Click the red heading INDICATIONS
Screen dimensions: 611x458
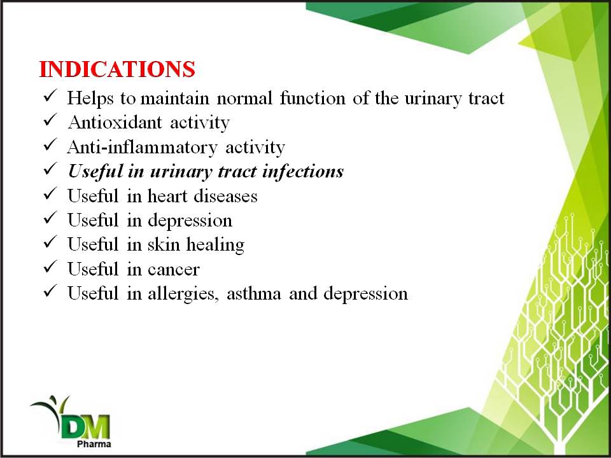[x=117, y=69]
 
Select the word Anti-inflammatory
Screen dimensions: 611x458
[x=142, y=148]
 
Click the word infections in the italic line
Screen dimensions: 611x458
[x=303, y=171]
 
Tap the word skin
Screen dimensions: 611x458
[x=164, y=244]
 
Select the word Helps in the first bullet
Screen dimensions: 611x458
[x=90, y=99]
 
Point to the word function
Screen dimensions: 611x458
[x=313, y=98]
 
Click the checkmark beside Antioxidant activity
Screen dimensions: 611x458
[x=50, y=120]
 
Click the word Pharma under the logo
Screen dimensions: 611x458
[x=94, y=444]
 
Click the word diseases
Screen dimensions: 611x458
[x=225, y=196]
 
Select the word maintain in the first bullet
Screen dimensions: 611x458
[x=175, y=98]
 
